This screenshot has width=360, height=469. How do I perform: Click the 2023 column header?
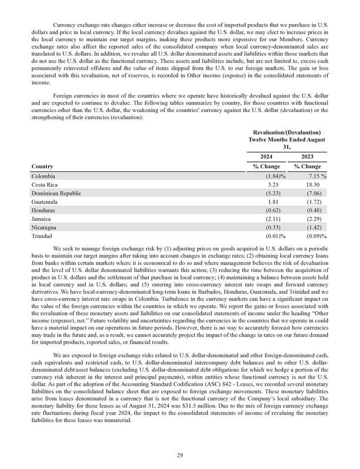coord(313,157)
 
